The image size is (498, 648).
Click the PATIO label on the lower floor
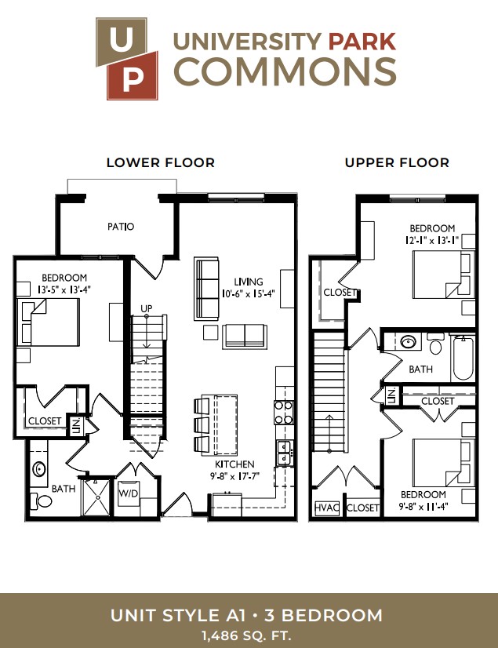[121, 227]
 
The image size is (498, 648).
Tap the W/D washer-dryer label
[129, 493]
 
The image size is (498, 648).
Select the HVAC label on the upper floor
[327, 507]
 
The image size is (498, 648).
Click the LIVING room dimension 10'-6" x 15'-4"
[249, 294]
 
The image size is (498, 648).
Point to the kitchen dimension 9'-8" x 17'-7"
[234, 476]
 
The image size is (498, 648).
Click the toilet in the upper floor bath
[435, 343]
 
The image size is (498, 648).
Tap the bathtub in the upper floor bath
[463, 359]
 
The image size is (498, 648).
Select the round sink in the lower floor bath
[39, 469]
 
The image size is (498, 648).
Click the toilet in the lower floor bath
[42, 501]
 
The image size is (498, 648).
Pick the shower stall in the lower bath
[96, 497]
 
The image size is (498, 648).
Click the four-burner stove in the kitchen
[284, 412]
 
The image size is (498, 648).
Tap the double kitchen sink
[284, 453]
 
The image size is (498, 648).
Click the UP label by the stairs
[147, 308]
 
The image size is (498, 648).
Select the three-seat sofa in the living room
[206, 289]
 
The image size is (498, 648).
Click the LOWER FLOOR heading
[161, 162]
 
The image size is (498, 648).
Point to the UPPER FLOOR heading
[397, 162]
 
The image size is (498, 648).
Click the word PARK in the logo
[362, 42]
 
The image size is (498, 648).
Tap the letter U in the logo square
[121, 40]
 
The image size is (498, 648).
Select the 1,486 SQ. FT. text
[246, 635]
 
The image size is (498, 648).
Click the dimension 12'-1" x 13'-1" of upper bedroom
[432, 240]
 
